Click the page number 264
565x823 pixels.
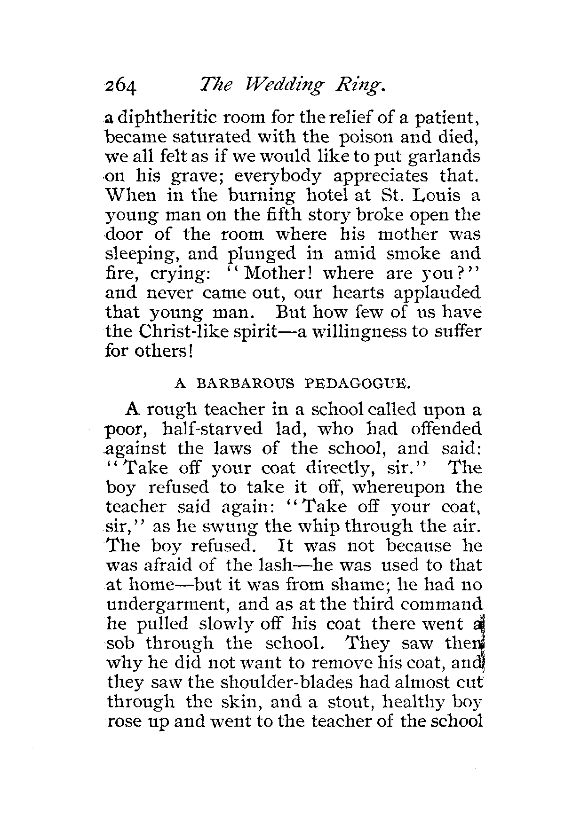point(120,86)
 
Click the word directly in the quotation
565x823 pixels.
point(351,468)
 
